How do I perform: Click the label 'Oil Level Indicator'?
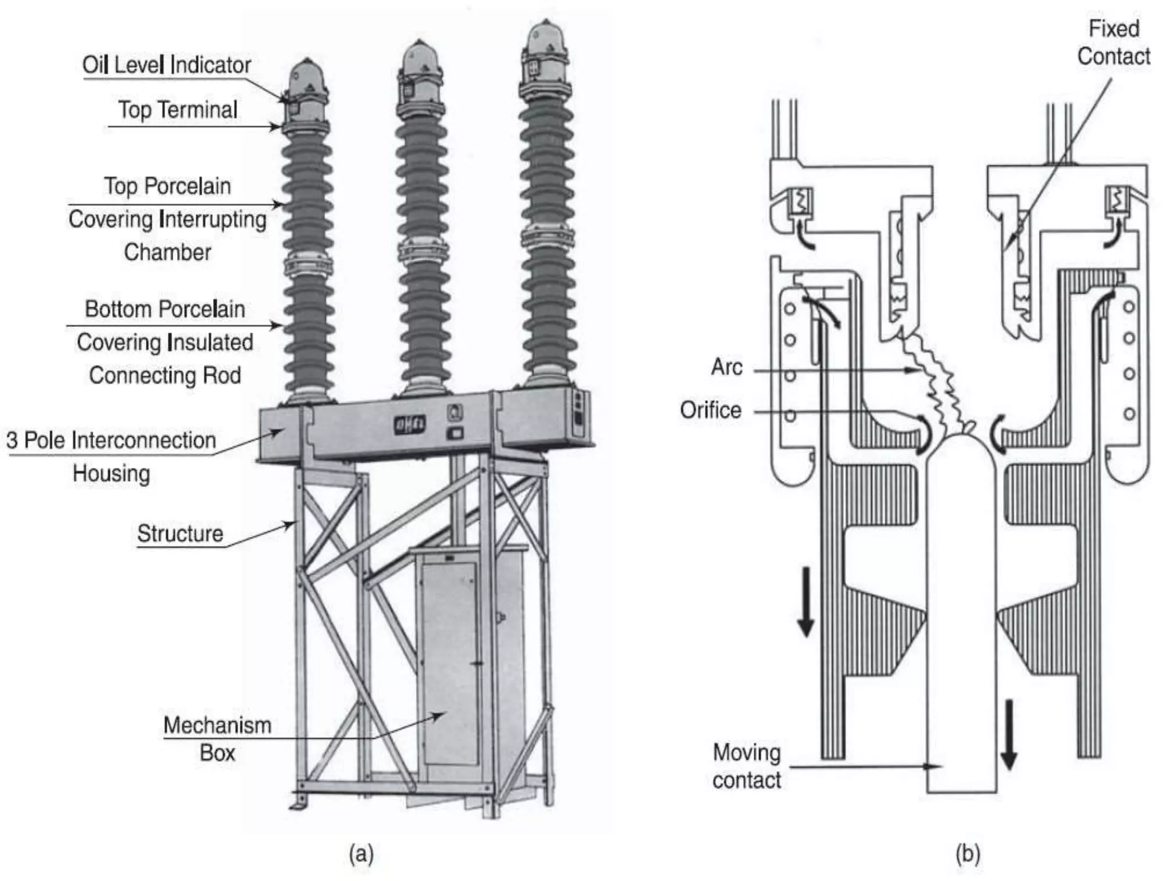coord(166,65)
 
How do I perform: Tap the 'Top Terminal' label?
coord(178,110)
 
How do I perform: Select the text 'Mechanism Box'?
coord(217,739)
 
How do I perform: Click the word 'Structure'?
coord(180,533)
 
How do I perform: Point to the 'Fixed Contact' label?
coord(1113,43)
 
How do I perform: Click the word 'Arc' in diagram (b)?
coord(726,367)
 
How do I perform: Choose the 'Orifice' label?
coord(710,410)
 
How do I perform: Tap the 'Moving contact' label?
coord(746,766)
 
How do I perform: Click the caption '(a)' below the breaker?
coord(361,854)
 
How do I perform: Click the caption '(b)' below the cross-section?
coord(968,854)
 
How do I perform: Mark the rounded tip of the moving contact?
coord(961,447)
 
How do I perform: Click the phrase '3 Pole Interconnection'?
coord(111,440)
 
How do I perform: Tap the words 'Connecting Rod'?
coord(165,375)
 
